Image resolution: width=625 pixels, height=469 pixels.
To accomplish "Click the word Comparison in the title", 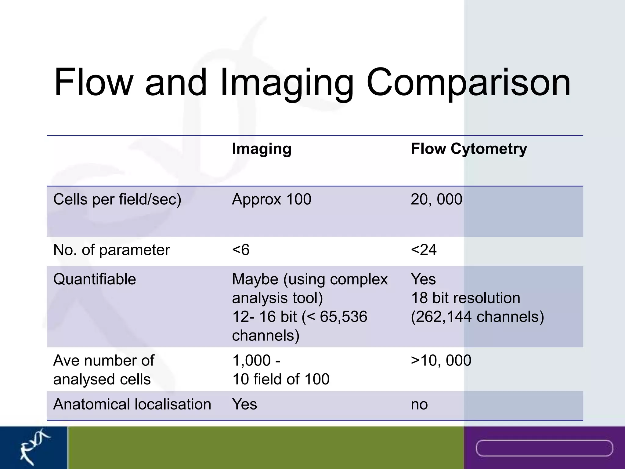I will click(468, 83).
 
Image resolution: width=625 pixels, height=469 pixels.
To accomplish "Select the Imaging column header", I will click(262, 149).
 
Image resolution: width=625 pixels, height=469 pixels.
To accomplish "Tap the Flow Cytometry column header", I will click(469, 149).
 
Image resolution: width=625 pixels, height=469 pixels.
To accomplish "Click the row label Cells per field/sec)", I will click(117, 199).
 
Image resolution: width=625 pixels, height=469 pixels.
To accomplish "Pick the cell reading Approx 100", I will click(271, 199).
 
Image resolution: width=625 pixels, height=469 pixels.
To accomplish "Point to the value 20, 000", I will click(436, 199).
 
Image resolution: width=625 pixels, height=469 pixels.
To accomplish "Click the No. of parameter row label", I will click(111, 250).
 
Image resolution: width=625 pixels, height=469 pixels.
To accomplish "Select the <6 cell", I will click(241, 250).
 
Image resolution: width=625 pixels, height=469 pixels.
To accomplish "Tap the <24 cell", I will click(424, 250).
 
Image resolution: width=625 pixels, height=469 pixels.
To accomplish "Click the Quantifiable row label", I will click(94, 279).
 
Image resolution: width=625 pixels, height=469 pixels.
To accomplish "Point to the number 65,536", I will click(343, 317).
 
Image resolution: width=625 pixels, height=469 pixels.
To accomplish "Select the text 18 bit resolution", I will click(465, 298).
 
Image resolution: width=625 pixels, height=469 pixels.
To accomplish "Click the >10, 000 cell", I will click(441, 360).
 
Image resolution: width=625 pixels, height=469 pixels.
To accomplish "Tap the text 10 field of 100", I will click(281, 379).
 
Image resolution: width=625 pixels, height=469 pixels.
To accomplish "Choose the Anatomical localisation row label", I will click(132, 404).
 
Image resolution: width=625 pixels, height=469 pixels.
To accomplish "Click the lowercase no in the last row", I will click(419, 405).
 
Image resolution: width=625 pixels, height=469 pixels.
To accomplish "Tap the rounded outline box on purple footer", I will click(544, 448).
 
